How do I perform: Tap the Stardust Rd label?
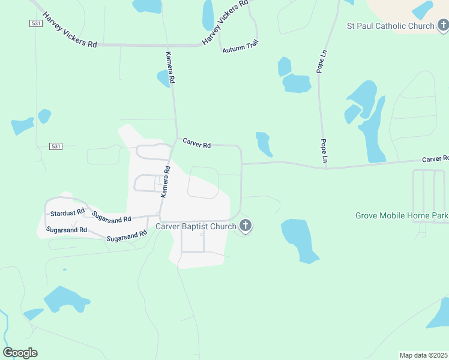pyautogui.click(x=66, y=213)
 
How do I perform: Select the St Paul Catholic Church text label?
pyautogui.click(x=390, y=26)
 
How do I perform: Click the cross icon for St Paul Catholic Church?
pyautogui.click(x=442, y=25)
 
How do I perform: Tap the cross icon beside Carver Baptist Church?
pyautogui.click(x=245, y=226)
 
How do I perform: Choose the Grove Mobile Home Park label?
pyautogui.click(x=402, y=215)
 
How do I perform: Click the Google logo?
pyautogui.click(x=20, y=353)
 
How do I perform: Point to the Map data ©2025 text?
pyautogui.click(x=423, y=355)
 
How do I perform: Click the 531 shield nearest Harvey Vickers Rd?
pyautogui.click(x=35, y=23)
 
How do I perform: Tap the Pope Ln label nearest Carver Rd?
pyautogui.click(x=324, y=151)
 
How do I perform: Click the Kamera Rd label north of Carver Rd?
pyautogui.click(x=170, y=67)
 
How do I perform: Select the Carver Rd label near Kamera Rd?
pyautogui.click(x=197, y=145)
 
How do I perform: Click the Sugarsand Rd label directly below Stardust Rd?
pyautogui.click(x=67, y=230)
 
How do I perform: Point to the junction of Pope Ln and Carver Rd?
pyautogui.click(x=325, y=167)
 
